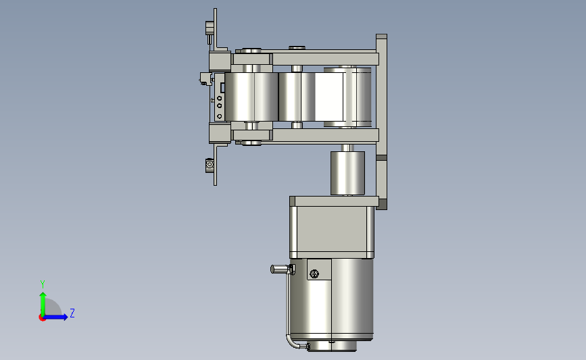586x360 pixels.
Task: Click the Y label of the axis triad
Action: pyautogui.click(x=43, y=284)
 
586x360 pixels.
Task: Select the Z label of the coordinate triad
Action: pyautogui.click(x=72, y=313)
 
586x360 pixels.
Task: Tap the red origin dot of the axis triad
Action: pyautogui.click(x=42, y=318)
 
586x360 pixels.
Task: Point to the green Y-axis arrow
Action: pyautogui.click(x=43, y=304)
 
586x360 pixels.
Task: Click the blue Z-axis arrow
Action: pyautogui.click(x=56, y=317)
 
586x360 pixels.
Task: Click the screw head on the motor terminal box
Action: pyautogui.click(x=314, y=274)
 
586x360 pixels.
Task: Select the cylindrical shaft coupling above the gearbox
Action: pyautogui.click(x=347, y=173)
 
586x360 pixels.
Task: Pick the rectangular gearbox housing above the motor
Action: pyautogui.click(x=332, y=228)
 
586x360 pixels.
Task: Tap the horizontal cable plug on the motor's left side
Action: pyautogui.click(x=282, y=269)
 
